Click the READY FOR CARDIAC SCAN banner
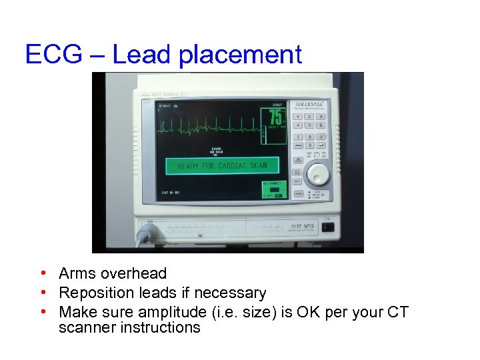(x=222, y=166)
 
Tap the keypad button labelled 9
(x=321, y=137)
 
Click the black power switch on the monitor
(x=328, y=226)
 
